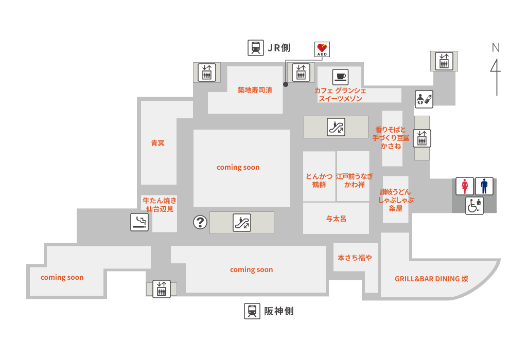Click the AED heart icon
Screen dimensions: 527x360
pyautogui.click(x=322, y=49)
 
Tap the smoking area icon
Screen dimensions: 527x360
pyautogui.click(x=139, y=222)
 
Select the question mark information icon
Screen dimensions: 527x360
pyautogui.click(x=200, y=222)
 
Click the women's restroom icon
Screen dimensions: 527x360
pyautogui.click(x=465, y=186)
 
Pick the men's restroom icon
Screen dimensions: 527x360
pyautogui.click(x=484, y=186)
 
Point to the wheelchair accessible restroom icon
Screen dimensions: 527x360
pyautogui.click(x=474, y=206)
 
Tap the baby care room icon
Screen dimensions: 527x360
pyautogui.click(x=424, y=99)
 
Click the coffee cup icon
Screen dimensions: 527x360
pyautogui.click(x=341, y=77)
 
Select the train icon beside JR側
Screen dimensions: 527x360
pyautogui.click(x=256, y=48)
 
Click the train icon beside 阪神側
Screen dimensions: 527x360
pyautogui.click(x=252, y=311)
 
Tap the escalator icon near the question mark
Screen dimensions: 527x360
pyautogui.click(x=242, y=223)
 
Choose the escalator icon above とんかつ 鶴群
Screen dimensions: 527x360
pyautogui.click(x=336, y=127)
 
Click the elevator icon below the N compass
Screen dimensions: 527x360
pyautogui.click(x=444, y=61)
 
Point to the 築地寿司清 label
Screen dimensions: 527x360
pyautogui.click(x=255, y=90)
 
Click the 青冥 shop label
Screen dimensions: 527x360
pyautogui.click(x=158, y=143)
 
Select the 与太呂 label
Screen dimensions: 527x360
pyautogui.click(x=336, y=219)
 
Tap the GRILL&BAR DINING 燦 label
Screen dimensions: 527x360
pyautogui.click(x=432, y=279)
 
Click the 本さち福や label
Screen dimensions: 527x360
pyautogui.click(x=355, y=258)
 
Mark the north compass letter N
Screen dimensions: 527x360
pyautogui.click(x=496, y=48)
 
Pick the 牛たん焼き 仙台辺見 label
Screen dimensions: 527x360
pyautogui.click(x=160, y=205)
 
